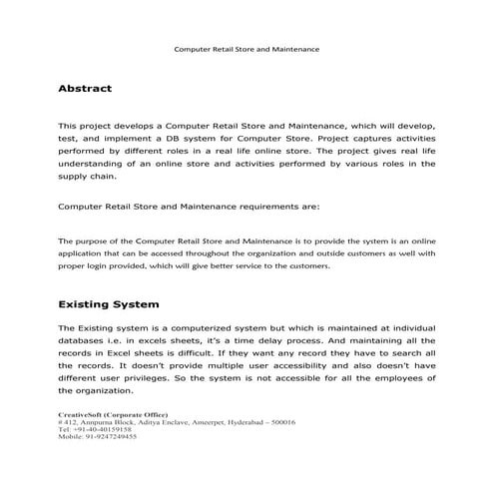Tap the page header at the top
[247, 47]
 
